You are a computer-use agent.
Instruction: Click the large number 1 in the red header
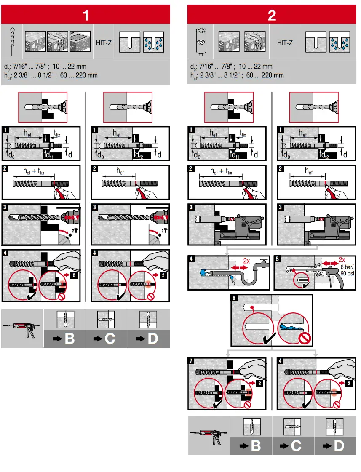pos(86,16)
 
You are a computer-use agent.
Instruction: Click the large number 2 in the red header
pos(272,16)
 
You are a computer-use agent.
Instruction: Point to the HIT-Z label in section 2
pos(285,43)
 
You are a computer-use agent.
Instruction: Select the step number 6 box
pos(235,299)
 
